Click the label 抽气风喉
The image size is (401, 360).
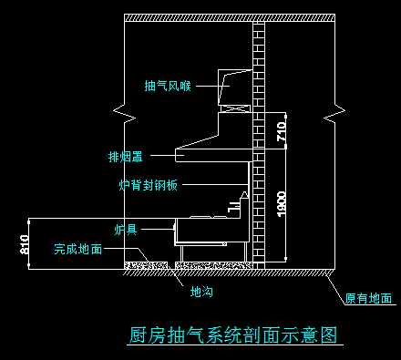[168, 87]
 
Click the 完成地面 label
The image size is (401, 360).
[77, 248]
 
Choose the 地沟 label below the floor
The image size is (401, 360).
[200, 293]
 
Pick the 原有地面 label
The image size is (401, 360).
[368, 298]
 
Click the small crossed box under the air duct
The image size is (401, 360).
[236, 109]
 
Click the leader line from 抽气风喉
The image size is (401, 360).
[206, 87]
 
